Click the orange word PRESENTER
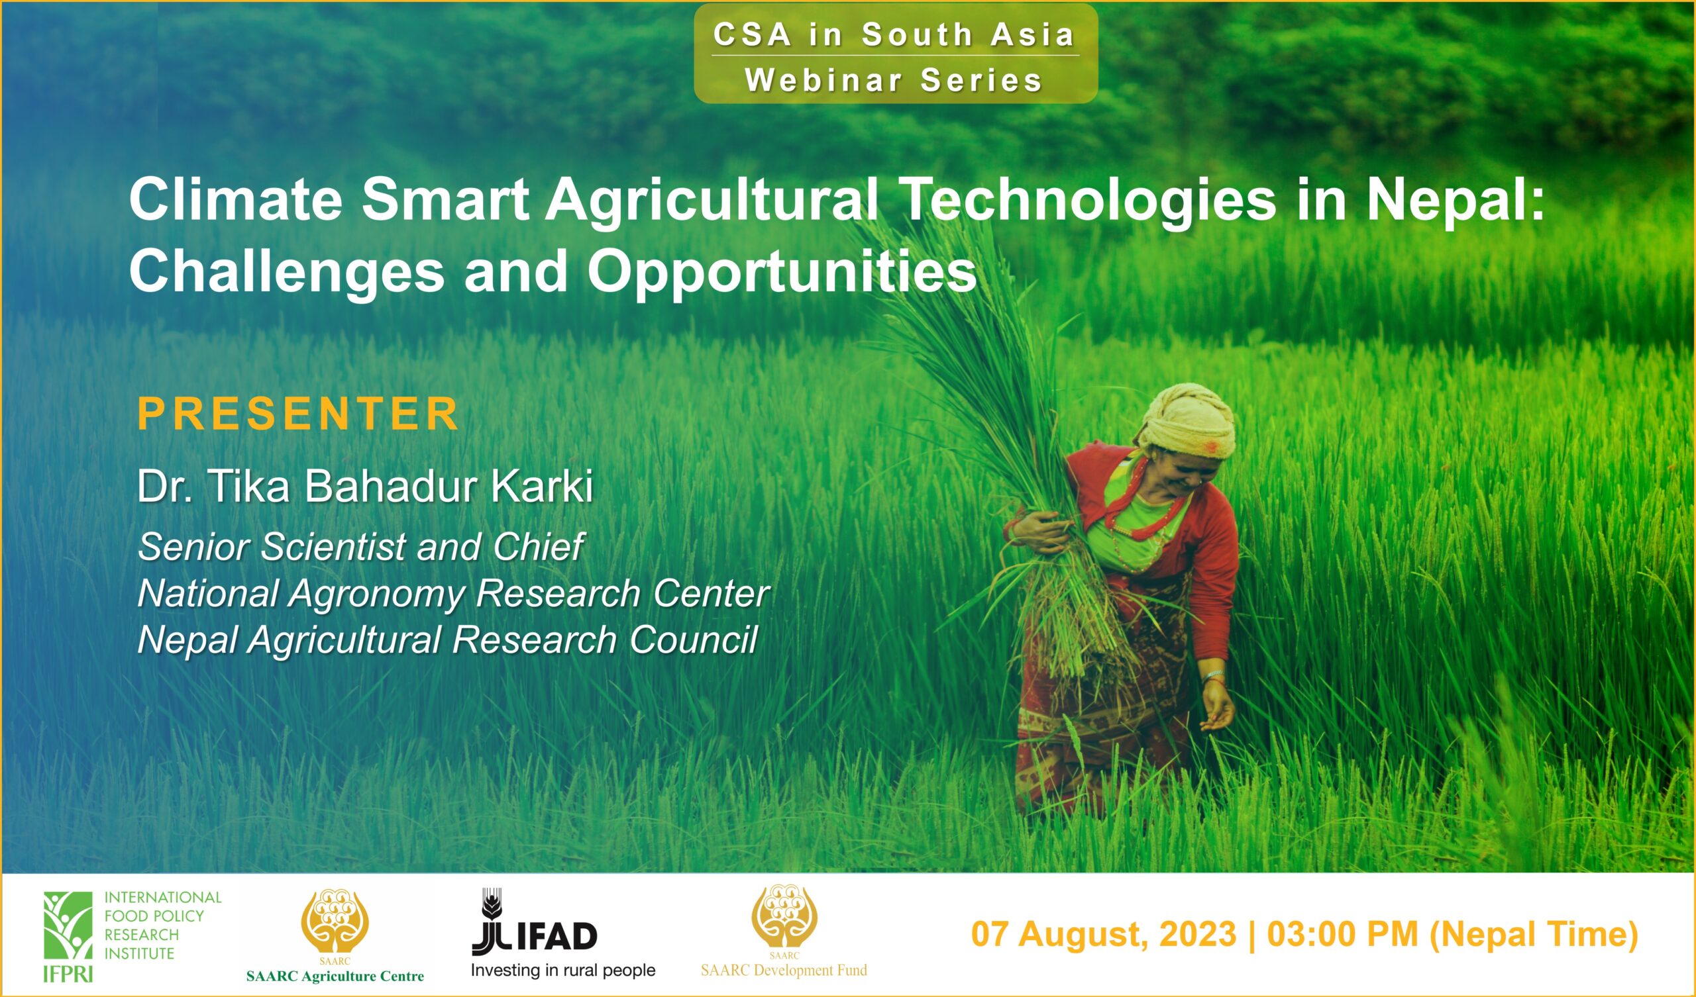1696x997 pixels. pyautogui.click(x=298, y=414)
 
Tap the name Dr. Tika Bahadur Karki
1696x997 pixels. pyautogui.click(x=365, y=487)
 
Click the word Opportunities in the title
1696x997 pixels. pyautogui.click(x=781, y=273)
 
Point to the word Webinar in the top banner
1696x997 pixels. pyautogui.click(x=823, y=81)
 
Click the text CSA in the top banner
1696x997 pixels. pyautogui.click(x=753, y=35)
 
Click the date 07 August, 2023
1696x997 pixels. pyautogui.click(x=1104, y=934)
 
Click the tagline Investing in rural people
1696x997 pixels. pyautogui.click(x=562, y=970)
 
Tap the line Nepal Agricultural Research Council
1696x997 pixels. pyautogui.click(x=448, y=639)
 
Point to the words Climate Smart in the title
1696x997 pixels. pyautogui.click(x=329, y=201)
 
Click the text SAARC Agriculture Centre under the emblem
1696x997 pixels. pyautogui.click(x=335, y=976)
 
